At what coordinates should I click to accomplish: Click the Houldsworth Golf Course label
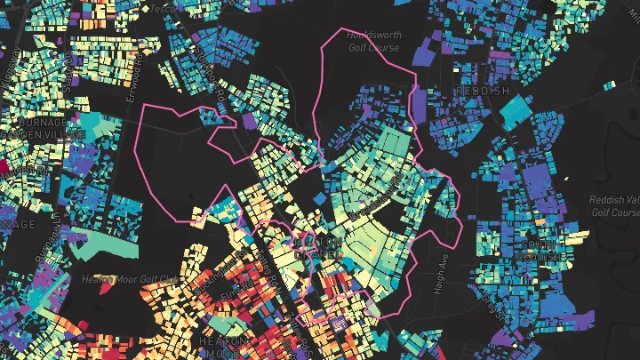(x=373, y=42)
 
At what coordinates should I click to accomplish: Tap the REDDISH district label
(x=482, y=92)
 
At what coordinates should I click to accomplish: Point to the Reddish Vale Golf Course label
(x=614, y=206)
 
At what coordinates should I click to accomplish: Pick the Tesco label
(x=161, y=9)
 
